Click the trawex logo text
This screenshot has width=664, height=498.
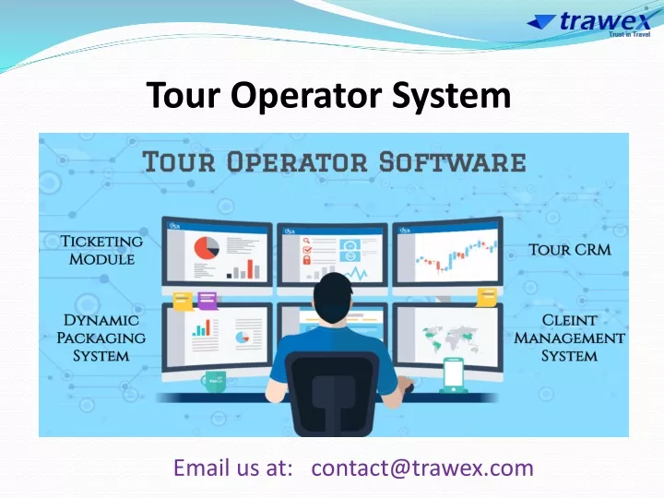click(x=605, y=21)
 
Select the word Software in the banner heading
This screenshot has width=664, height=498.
click(x=452, y=162)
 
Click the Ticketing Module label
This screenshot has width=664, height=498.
click(x=101, y=250)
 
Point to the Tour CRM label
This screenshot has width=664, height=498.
click(x=570, y=249)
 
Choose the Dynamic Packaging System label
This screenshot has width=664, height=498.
click(x=101, y=338)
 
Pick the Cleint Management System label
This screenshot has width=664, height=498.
click(x=569, y=338)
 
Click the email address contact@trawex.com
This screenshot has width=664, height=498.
click(x=422, y=468)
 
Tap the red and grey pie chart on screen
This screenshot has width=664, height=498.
click(x=207, y=248)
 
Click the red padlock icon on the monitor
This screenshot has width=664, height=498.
click(x=306, y=259)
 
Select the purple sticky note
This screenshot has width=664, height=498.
click(x=207, y=301)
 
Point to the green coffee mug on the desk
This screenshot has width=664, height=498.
click(x=214, y=382)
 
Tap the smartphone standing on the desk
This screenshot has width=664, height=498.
click(x=453, y=375)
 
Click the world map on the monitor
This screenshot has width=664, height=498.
click(x=450, y=338)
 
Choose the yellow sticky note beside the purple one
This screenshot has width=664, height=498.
click(x=184, y=301)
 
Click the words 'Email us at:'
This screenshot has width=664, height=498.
click(x=233, y=468)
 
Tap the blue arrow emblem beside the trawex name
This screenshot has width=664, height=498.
click(x=540, y=21)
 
